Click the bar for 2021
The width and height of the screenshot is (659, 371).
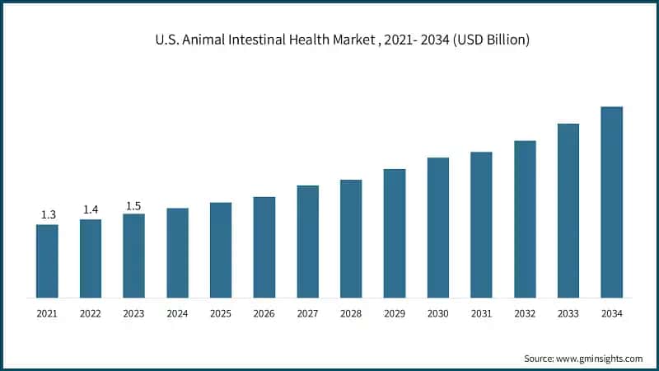click(47, 261)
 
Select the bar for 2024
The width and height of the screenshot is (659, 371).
click(177, 252)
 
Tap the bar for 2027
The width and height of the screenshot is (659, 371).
click(307, 241)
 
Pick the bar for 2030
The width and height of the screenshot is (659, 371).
click(437, 227)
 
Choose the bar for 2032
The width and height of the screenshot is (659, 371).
click(525, 218)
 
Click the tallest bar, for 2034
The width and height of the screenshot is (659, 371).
click(611, 202)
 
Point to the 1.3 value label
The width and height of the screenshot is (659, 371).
click(48, 215)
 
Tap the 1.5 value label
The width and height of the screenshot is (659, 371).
click(133, 205)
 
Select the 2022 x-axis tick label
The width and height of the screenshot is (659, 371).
click(91, 314)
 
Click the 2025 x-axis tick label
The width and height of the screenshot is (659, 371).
click(221, 314)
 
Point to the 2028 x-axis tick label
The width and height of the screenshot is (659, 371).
click(351, 314)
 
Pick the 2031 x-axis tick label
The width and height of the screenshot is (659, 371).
click(481, 314)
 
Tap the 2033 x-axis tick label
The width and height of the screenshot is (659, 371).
click(568, 314)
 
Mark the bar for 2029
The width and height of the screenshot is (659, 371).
click(395, 232)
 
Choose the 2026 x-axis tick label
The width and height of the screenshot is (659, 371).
click(264, 314)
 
